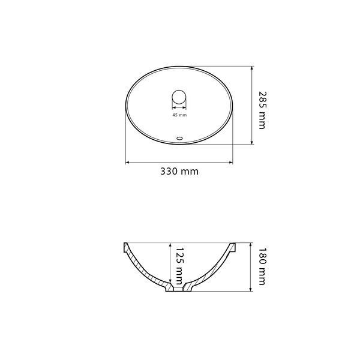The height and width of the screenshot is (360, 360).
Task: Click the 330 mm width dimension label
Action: (x=179, y=172)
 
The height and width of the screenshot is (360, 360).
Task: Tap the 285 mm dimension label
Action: (x=262, y=110)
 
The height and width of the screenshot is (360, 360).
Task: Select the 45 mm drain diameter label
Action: (x=179, y=115)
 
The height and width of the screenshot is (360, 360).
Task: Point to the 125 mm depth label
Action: (x=180, y=266)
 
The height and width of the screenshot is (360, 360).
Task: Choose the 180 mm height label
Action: (x=262, y=266)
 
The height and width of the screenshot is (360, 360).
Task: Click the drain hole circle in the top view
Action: (x=179, y=97)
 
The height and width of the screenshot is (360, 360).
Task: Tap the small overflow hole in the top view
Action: (x=179, y=138)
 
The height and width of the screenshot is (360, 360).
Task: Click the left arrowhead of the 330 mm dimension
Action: (x=127, y=163)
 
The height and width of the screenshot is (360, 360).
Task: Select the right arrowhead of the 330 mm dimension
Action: (x=231, y=163)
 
